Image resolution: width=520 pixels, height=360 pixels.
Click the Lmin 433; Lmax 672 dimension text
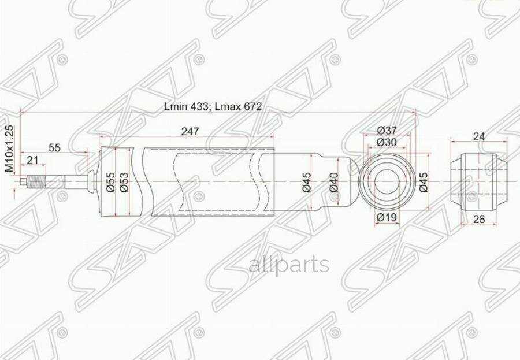coord(213,106)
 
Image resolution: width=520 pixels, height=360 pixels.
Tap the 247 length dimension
coord(190,131)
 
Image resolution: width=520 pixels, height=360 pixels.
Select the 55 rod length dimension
coord(54,147)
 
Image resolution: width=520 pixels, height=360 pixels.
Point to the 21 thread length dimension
coord(32,160)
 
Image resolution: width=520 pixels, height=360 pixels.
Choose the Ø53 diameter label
coord(123,183)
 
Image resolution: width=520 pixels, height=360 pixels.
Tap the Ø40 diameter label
coord(333,183)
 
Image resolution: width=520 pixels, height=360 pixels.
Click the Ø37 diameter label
coord(387,130)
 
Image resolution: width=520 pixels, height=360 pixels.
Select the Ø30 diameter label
coord(387,142)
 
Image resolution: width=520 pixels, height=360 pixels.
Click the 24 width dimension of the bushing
coord(478,136)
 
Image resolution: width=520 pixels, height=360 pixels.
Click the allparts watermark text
coord(289,265)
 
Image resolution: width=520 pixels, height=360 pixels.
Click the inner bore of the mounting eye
coord(387,182)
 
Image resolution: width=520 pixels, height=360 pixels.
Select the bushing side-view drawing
coord(479,182)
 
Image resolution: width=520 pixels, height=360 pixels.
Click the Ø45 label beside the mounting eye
coord(424,183)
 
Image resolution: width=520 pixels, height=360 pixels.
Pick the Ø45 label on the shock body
coord(306,183)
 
